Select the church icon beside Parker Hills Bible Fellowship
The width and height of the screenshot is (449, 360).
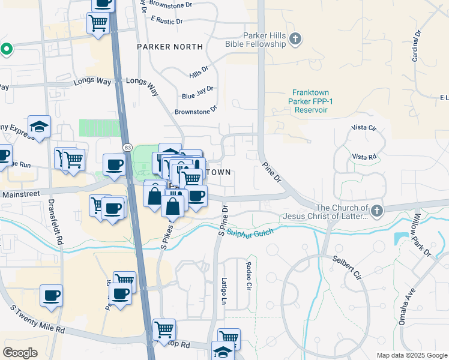[295, 40]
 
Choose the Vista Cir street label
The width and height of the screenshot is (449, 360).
[364, 128]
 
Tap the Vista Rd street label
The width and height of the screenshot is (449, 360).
[364, 157]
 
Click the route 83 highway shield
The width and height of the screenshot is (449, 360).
[127, 146]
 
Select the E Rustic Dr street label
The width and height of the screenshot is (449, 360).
[167, 21]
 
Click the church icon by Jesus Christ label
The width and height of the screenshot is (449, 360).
[376, 211]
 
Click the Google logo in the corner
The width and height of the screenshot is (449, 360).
[20, 353]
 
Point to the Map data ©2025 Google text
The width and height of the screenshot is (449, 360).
[411, 355]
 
